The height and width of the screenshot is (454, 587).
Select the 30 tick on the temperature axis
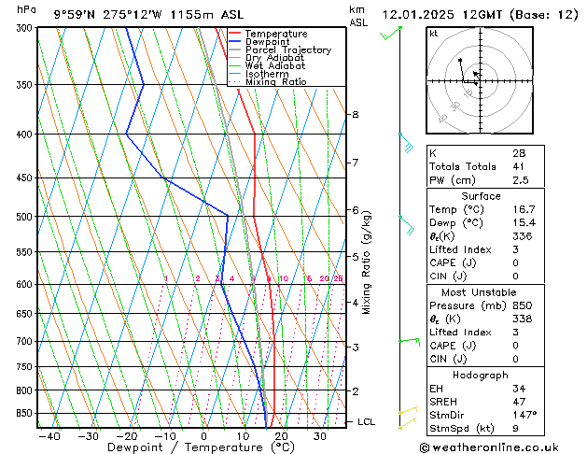319,436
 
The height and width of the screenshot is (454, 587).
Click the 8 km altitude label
355,115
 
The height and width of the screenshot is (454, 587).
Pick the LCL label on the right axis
367,422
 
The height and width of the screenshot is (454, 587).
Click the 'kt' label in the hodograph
434,34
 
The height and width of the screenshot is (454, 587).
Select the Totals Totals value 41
519,166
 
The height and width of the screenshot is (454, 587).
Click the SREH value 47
519,401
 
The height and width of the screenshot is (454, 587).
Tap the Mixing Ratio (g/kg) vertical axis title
367,262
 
